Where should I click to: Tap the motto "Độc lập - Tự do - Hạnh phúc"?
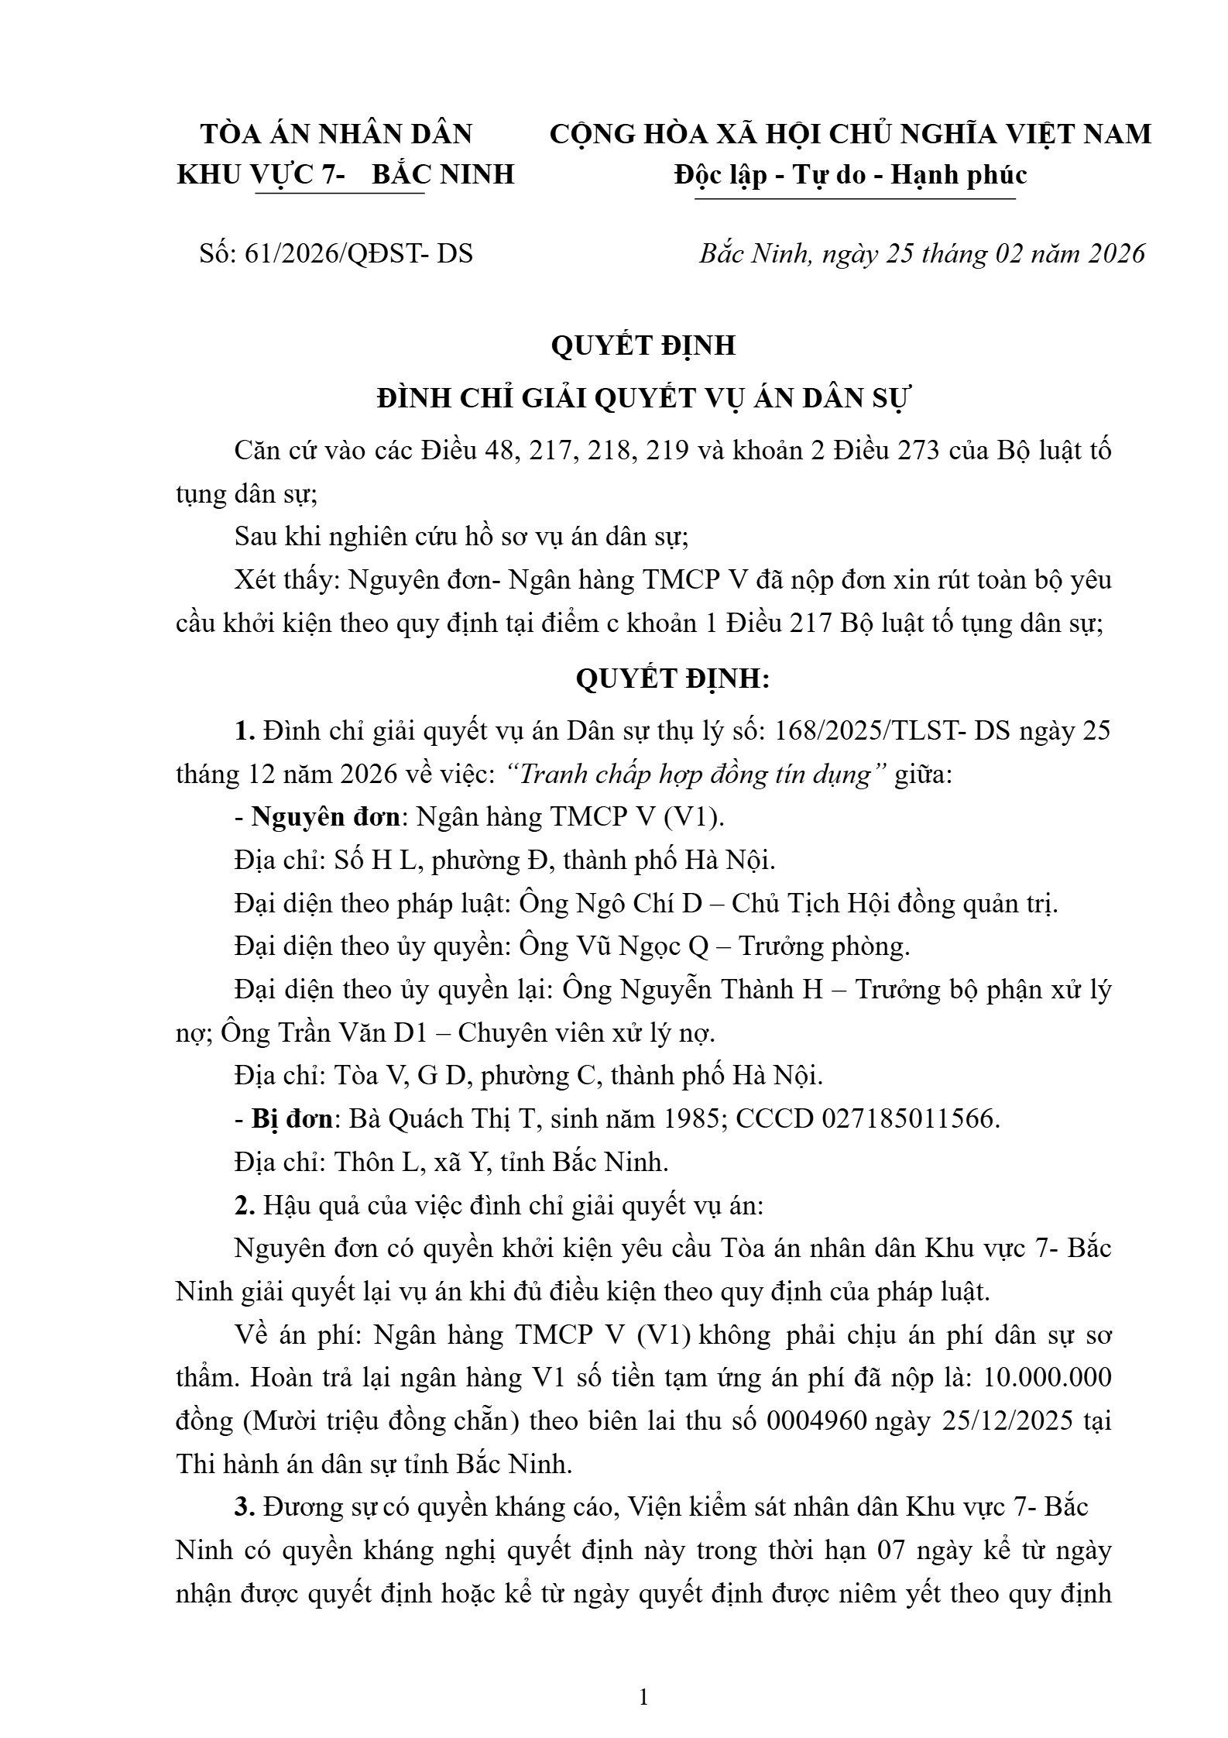tap(850, 174)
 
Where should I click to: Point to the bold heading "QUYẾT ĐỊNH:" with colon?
tap(673, 679)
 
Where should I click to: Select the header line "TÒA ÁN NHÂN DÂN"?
tap(337, 135)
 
